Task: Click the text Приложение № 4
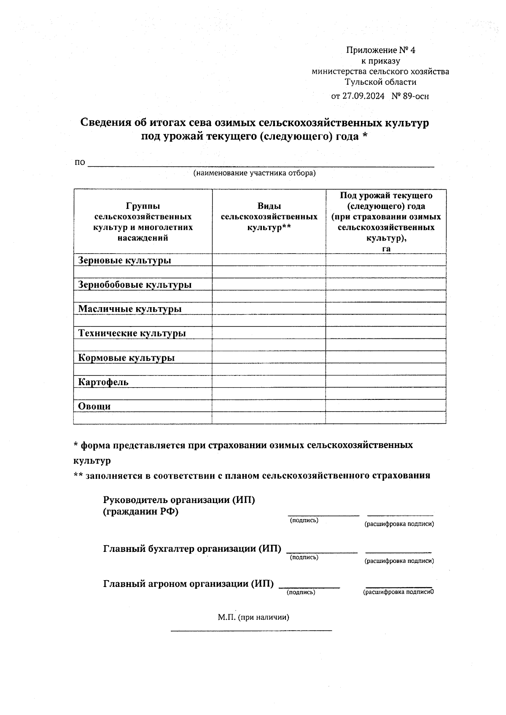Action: point(380,51)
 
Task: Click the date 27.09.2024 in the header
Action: point(363,96)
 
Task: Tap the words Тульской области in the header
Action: point(380,82)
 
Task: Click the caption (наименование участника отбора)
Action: point(254,173)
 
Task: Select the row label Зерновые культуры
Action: point(124,260)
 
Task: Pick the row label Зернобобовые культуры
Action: point(135,284)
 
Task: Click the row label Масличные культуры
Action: point(129,309)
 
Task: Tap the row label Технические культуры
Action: point(132,333)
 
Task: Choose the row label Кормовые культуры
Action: point(126,358)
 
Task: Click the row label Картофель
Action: point(103,382)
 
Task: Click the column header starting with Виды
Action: point(269,217)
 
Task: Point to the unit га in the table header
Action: point(386,249)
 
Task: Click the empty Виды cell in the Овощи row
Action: point(269,406)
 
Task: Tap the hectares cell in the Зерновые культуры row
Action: point(385,260)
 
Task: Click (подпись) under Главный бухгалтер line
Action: point(304,557)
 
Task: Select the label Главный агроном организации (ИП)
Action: point(188,584)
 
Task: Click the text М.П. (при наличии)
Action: point(253,617)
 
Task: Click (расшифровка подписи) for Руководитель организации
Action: point(399,524)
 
